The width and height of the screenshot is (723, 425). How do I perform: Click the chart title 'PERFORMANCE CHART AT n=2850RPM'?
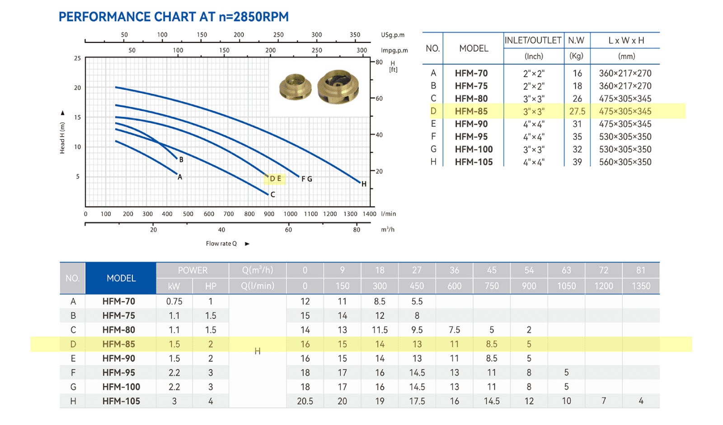pos(174,17)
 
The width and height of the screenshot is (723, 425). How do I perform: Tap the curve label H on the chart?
pos(364,184)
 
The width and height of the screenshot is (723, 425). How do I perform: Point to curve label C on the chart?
pos(273,194)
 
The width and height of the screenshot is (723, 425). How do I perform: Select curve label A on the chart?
pos(180,177)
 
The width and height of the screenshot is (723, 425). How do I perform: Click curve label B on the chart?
pos(181,160)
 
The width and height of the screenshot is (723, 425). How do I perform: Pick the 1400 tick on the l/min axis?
pos(369,214)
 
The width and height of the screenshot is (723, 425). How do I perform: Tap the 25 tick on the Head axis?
pos(77,58)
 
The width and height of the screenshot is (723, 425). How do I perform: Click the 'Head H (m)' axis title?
pos(62,138)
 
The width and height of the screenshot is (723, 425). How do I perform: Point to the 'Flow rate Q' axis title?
pos(221,244)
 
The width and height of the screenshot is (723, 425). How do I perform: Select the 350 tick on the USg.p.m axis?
pos(355,35)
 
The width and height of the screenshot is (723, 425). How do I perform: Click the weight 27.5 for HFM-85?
pos(577,111)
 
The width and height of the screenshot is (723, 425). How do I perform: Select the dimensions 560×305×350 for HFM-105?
pos(625,162)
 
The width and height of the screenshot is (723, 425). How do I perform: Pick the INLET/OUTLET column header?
pos(533,40)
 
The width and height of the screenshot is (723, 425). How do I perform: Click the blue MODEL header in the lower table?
pos(121,278)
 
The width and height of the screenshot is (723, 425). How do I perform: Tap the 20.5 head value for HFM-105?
pos(305,401)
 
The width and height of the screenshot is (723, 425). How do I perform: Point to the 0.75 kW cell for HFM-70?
pos(174,301)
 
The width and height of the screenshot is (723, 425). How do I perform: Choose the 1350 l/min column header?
pos(641,286)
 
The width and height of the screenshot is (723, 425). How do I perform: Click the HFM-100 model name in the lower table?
pos(121,387)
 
